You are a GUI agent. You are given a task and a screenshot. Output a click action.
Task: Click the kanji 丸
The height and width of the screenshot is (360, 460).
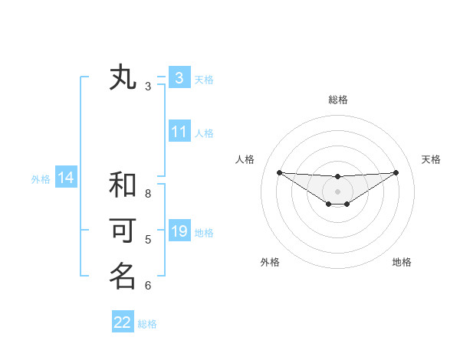click(x=123, y=79)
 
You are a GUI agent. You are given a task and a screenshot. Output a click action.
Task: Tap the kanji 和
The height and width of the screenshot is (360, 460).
click(x=123, y=186)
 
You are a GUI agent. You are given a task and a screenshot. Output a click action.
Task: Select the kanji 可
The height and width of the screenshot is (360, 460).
click(x=123, y=231)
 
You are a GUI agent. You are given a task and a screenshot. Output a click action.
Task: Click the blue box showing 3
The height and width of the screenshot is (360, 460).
click(x=179, y=77)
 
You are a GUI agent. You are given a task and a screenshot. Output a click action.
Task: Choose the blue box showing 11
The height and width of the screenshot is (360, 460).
click(x=179, y=132)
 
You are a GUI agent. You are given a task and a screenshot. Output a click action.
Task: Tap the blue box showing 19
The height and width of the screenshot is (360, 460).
click(x=179, y=231)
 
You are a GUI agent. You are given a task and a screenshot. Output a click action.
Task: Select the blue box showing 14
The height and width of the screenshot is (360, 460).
click(x=66, y=178)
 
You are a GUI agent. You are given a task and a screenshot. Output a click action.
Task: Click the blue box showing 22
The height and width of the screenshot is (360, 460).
click(x=123, y=322)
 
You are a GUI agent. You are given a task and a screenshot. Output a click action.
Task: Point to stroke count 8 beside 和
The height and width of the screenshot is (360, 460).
click(x=148, y=194)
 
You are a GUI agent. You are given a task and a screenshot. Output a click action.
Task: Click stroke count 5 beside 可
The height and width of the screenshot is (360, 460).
click(x=148, y=240)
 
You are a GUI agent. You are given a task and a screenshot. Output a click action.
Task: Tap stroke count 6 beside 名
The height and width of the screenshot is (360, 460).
click(x=148, y=286)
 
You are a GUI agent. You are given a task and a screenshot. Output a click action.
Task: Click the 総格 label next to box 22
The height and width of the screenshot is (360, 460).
click(x=147, y=324)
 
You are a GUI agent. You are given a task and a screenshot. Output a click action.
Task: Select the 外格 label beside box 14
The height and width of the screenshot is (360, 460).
click(x=41, y=179)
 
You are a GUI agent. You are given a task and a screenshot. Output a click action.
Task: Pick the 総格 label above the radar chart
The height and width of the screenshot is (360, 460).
click(x=337, y=100)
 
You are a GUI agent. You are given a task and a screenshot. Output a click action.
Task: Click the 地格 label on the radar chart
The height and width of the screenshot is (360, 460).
click(x=402, y=262)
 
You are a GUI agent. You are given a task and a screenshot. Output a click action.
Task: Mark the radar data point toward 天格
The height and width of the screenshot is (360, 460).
click(x=396, y=172)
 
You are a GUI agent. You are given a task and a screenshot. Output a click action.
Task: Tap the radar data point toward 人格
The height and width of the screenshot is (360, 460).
click(x=279, y=172)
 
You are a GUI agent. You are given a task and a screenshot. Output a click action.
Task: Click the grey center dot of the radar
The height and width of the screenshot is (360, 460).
click(x=337, y=191)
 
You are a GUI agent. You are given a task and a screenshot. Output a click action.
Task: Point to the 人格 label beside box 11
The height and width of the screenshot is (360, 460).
click(x=204, y=133)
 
